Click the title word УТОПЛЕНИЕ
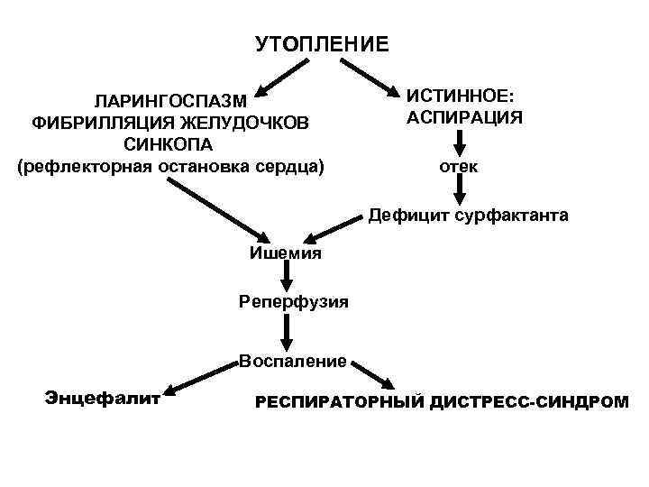pos(321,44)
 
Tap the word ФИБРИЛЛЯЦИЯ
pos(89,122)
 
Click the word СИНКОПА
pos(169,144)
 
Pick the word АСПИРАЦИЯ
pos(464,117)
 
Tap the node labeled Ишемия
pos(285,253)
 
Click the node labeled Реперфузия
pos(294,300)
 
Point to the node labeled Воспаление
pos(293,362)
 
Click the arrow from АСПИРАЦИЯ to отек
pos(459,142)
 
